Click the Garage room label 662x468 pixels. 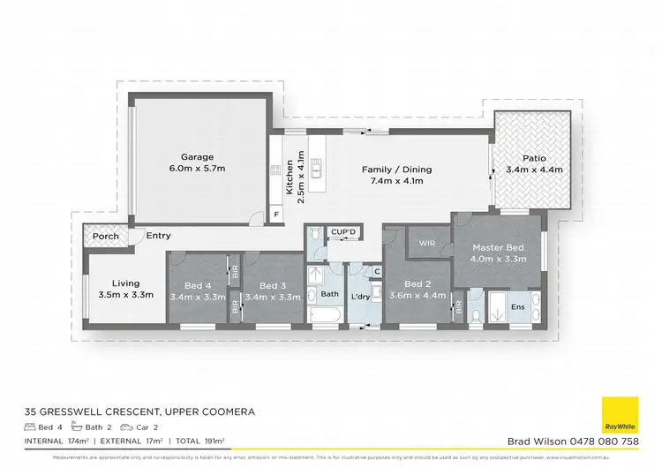pos(198,157)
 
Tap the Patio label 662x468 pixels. pos(534,158)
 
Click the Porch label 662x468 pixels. pos(106,236)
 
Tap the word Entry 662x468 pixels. pos(159,236)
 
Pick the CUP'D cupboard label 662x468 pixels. pos(342,231)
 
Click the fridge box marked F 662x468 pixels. pos(276,214)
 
